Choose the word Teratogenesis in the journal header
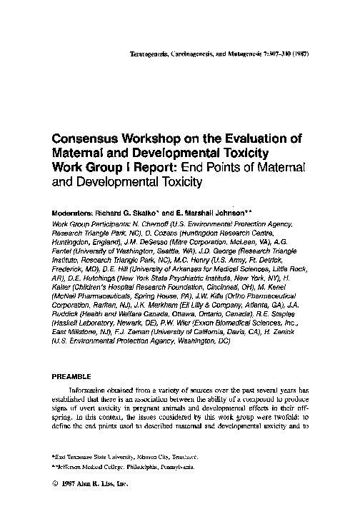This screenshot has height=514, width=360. pos(146,54)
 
